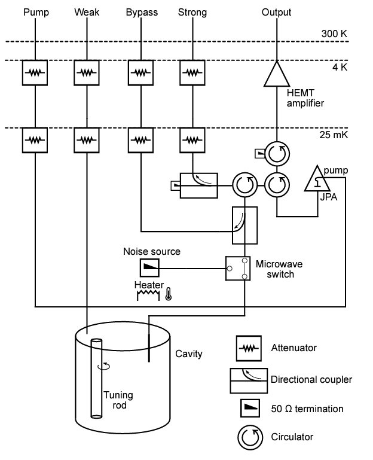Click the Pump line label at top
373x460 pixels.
36,12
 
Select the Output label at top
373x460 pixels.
276,12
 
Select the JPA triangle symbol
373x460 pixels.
314,179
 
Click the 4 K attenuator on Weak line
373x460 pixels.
87,72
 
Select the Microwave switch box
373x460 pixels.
238,268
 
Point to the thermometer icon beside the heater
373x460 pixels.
169,294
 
